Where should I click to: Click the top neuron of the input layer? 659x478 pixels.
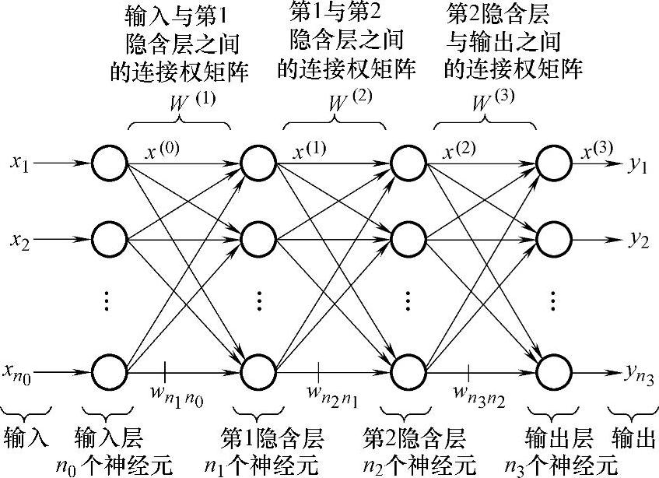point(109,163)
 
